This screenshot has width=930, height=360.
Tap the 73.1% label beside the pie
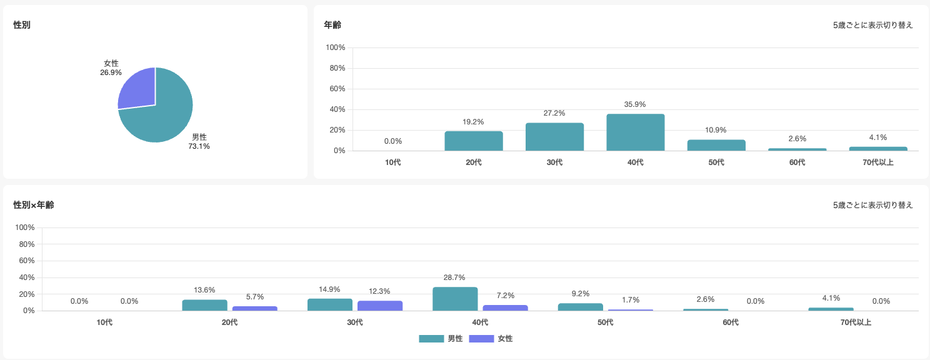click(199, 146)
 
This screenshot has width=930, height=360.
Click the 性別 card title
click(22, 25)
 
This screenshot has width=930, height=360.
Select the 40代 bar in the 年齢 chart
click(635, 132)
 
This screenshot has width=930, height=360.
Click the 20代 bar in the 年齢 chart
click(474, 141)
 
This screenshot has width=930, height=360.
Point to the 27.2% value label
click(554, 113)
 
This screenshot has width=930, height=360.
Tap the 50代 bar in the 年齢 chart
click(716, 145)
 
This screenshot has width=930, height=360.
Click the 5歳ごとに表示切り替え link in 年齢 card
click(872, 25)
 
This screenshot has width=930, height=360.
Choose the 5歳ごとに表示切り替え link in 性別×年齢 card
click(872, 205)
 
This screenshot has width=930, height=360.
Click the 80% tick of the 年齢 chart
click(337, 68)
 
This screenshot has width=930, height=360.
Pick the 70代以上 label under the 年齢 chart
click(877, 162)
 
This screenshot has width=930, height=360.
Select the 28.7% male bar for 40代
click(455, 299)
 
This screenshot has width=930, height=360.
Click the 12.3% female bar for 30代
click(380, 306)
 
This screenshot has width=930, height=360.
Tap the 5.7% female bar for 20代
click(254, 308)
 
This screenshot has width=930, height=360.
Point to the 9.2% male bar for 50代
click(580, 307)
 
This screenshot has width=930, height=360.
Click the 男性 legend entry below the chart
click(441, 339)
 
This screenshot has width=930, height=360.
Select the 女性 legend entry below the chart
click(491, 339)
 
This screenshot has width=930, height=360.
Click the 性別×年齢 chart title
click(33, 205)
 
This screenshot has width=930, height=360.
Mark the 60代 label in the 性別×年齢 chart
click(730, 322)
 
